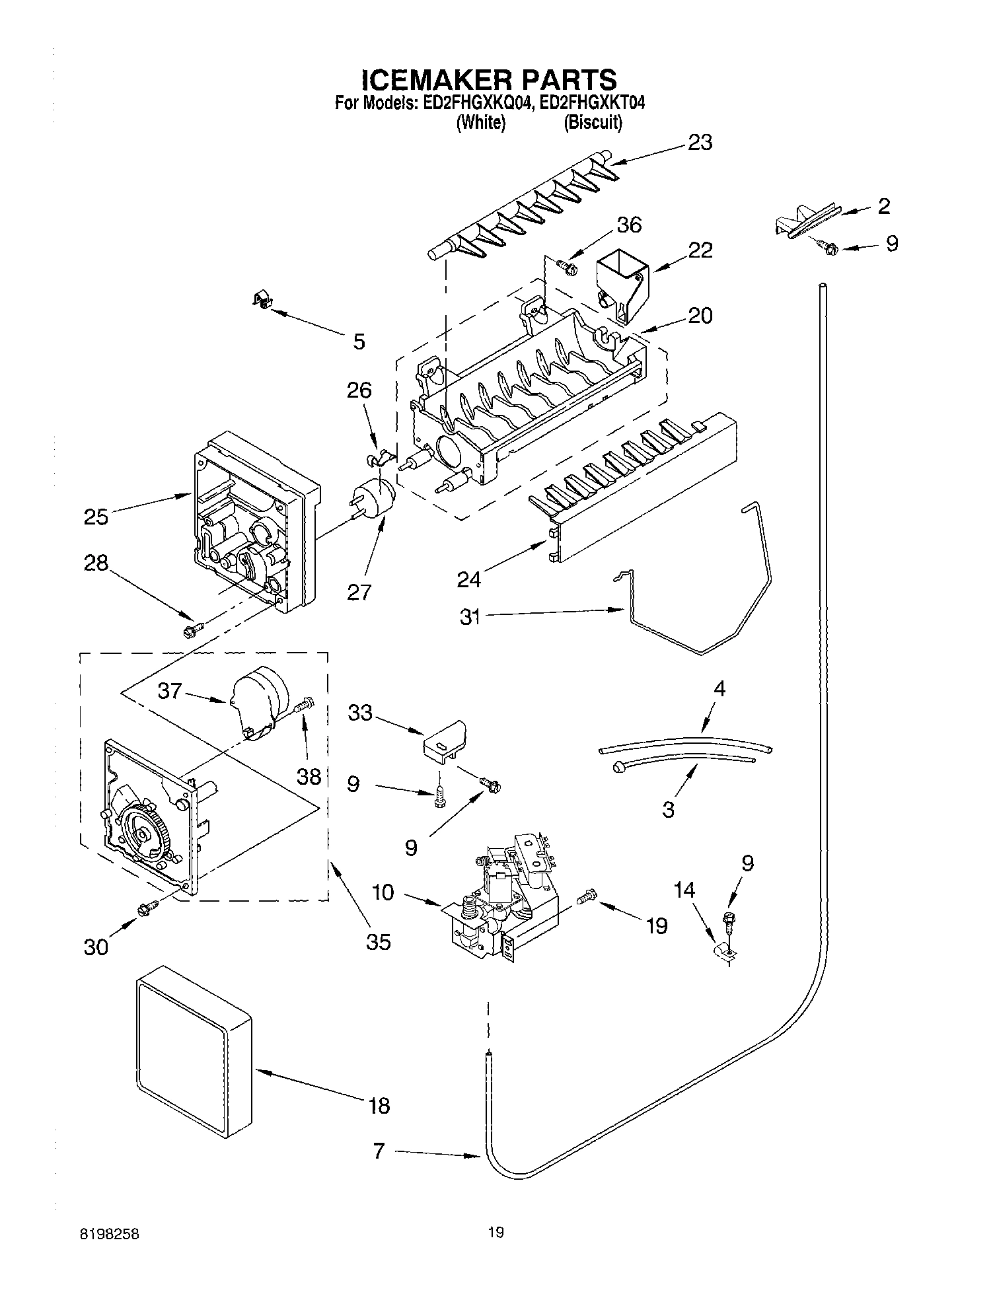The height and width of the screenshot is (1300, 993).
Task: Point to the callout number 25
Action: point(96,517)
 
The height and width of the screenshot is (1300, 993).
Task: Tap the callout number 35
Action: point(378,941)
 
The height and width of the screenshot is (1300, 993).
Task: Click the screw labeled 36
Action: point(567,267)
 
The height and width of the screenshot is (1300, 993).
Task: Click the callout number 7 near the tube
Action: point(379,1151)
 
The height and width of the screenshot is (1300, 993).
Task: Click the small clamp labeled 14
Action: point(725,952)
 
